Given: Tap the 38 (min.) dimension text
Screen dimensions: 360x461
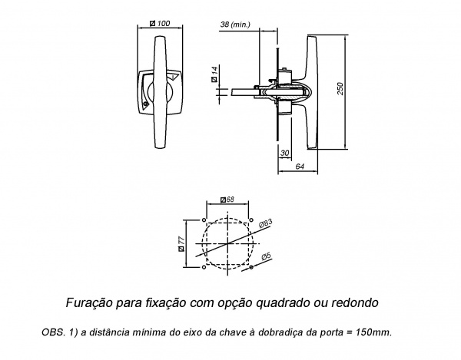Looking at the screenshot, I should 234,25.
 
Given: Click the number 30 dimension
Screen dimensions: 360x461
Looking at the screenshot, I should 284,154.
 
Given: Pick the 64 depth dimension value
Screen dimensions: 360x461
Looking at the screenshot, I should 299,166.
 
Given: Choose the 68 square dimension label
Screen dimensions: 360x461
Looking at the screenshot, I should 227,200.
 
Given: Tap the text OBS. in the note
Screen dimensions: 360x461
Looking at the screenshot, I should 52,332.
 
